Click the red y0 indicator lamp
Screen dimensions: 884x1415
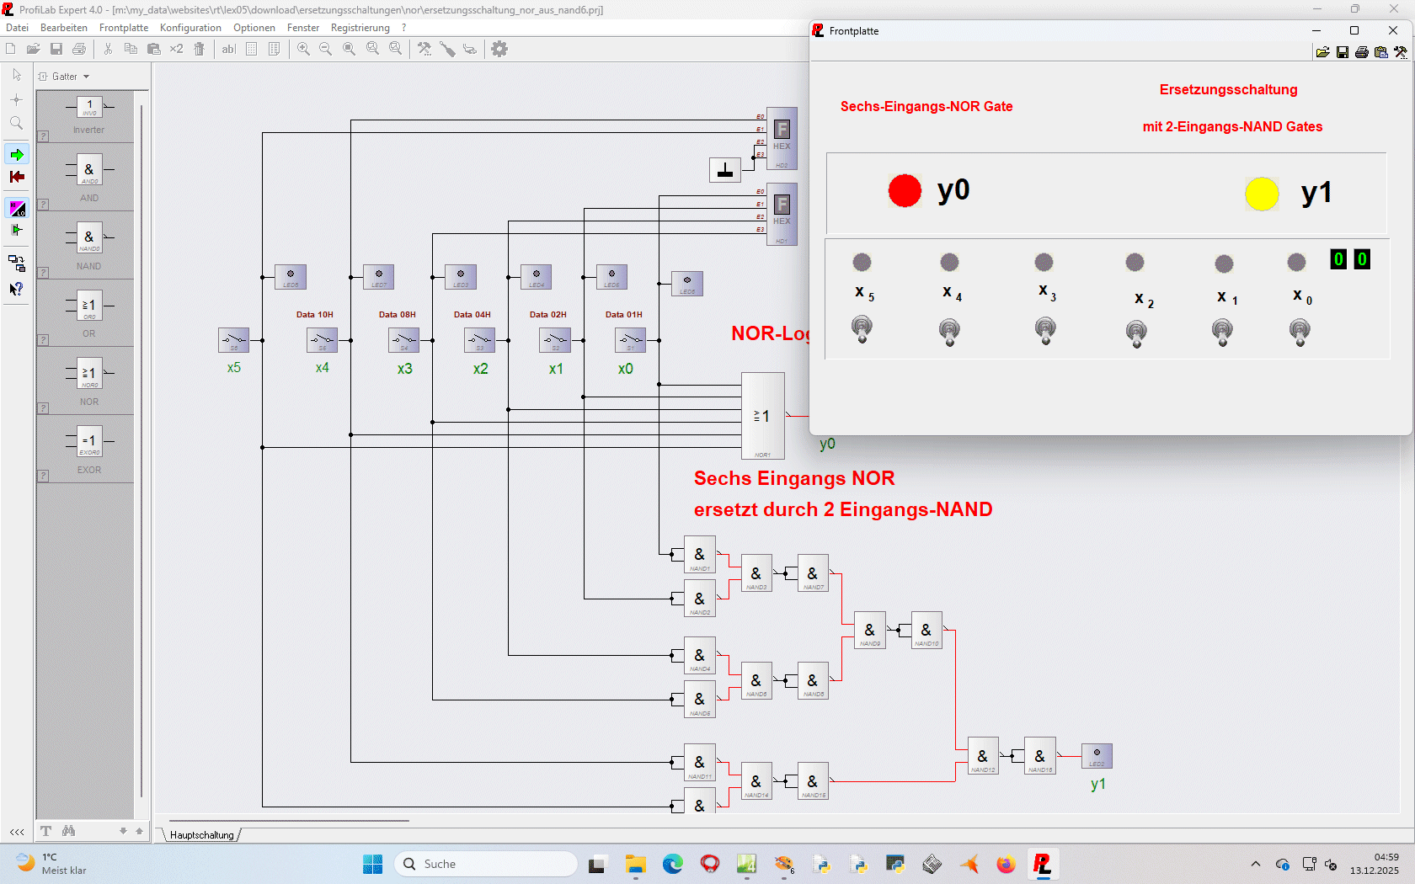tap(905, 191)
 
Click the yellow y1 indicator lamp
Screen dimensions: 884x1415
tap(1262, 194)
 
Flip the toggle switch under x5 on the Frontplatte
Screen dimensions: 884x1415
tap(862, 328)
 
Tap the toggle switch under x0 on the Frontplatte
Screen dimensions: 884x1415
tap(1300, 332)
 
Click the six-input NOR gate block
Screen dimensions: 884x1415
tap(762, 416)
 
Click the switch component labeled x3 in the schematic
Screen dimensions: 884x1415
tap(404, 340)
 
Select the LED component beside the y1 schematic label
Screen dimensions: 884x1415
tap(1097, 755)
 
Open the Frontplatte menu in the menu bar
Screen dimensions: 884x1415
tap(124, 28)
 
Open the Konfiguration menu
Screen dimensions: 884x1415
tap(190, 28)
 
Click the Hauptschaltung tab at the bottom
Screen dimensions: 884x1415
tap(202, 835)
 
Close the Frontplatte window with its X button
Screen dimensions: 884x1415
tap(1393, 30)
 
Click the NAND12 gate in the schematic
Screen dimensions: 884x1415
tap(983, 756)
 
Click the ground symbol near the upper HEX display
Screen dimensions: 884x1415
tap(724, 170)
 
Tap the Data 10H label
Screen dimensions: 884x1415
tap(314, 315)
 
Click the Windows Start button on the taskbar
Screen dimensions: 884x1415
tap(372, 864)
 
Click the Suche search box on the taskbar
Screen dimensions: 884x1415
tap(487, 864)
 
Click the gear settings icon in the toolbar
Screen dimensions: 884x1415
tap(499, 49)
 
